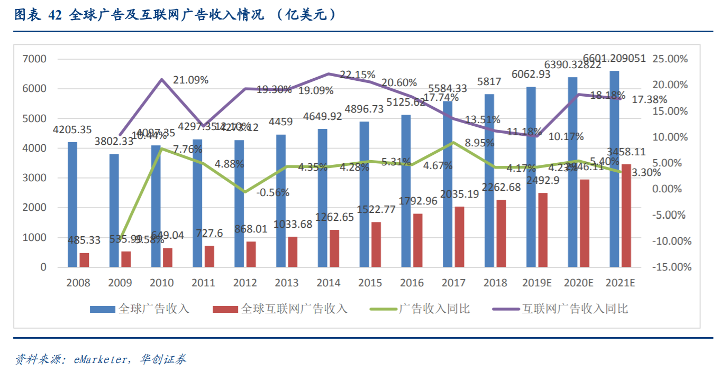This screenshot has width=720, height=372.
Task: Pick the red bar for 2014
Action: coord(334,248)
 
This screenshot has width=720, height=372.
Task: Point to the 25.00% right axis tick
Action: coord(670,59)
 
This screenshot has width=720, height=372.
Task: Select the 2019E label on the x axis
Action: coord(537,283)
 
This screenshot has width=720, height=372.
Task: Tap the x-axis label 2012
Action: coord(245,283)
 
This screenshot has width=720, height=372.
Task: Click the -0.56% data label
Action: coord(272,192)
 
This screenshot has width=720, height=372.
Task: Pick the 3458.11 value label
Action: coord(626,152)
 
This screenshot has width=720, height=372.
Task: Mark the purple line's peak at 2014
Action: coord(329,73)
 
